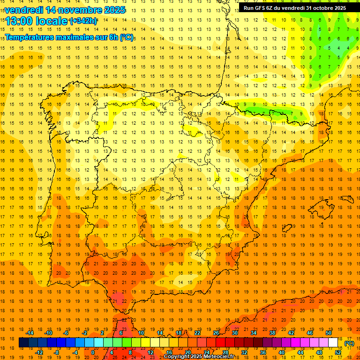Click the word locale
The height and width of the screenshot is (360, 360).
tap(53, 21)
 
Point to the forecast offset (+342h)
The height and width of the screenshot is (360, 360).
tap(83, 21)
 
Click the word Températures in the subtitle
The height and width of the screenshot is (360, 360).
tap(31, 37)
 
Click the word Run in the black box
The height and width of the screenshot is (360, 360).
tap(248, 8)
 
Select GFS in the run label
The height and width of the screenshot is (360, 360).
tap(261, 8)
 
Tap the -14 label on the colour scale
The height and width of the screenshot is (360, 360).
tap(30, 333)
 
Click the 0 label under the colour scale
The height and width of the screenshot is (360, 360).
tap(93, 352)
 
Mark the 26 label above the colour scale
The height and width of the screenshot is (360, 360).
tap(216, 333)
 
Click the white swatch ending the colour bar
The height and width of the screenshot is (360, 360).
tap(333, 343)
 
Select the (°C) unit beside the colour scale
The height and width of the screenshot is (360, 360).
tap(349, 343)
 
